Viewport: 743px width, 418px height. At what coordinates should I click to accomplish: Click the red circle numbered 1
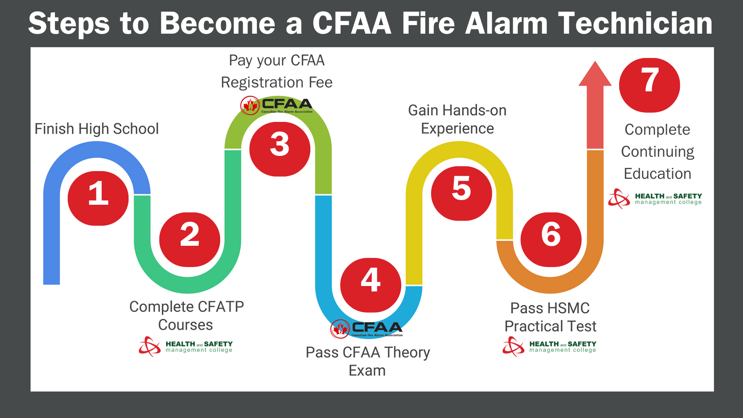[98, 198]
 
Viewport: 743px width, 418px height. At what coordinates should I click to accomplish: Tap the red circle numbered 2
[190, 240]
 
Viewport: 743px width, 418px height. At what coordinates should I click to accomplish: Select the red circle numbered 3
[280, 149]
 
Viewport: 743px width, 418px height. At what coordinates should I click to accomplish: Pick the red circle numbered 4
[371, 285]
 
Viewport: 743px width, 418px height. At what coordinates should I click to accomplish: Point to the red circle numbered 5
[462, 194]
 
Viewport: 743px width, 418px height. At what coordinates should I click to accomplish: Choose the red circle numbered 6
[551, 240]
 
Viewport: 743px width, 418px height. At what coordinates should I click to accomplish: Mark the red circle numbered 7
[650, 85]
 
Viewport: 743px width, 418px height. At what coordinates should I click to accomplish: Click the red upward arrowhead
[595, 74]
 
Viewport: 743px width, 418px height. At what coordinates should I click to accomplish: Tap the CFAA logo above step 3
[276, 105]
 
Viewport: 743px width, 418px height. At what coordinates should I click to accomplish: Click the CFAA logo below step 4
[366, 329]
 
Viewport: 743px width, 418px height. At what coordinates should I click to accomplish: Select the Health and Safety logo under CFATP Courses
[186, 346]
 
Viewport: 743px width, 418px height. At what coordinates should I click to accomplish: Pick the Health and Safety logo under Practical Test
[550, 346]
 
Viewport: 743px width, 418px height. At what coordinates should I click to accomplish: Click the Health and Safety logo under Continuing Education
[655, 199]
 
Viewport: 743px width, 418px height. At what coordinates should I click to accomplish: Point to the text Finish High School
[97, 129]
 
